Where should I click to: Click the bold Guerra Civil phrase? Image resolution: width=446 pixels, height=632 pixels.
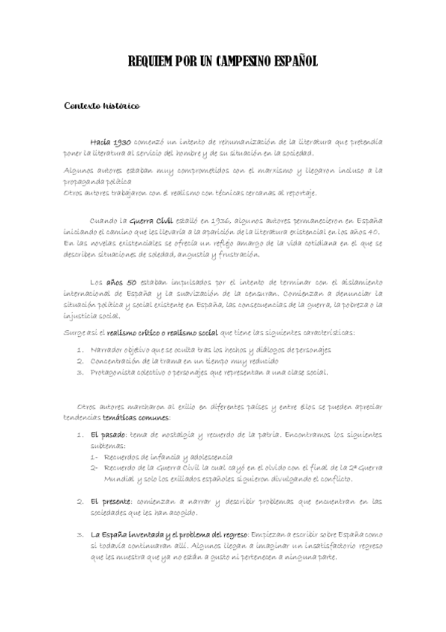click(x=151, y=222)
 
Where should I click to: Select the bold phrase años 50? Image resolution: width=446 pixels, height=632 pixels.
click(x=121, y=282)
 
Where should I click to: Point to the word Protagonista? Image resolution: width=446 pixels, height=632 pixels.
click(x=112, y=372)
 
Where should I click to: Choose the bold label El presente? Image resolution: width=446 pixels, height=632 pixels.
click(x=111, y=501)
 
